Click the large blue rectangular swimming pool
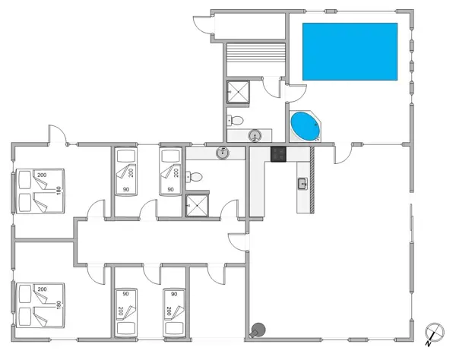point(350,51)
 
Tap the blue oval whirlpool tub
point(305,126)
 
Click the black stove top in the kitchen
point(278,154)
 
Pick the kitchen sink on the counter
point(302,184)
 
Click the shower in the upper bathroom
point(238,92)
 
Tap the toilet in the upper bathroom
point(236,120)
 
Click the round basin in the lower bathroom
point(222,153)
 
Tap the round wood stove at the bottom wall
point(257,330)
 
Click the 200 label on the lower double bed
point(41,289)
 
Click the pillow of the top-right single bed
point(169,156)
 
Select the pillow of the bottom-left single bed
point(125,327)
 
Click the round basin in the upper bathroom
point(255,136)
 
